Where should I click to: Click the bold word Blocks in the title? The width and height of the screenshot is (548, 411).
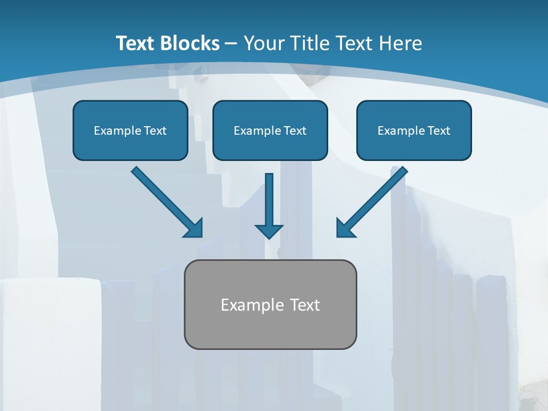pyautogui.click(x=191, y=43)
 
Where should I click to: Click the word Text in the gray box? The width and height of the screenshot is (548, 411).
pyautogui.click(x=305, y=305)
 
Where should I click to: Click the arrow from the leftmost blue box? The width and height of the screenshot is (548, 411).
pyautogui.click(x=167, y=202)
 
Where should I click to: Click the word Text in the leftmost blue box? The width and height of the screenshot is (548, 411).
pyautogui.click(x=155, y=131)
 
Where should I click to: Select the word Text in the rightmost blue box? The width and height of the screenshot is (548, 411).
pyautogui.click(x=439, y=131)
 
